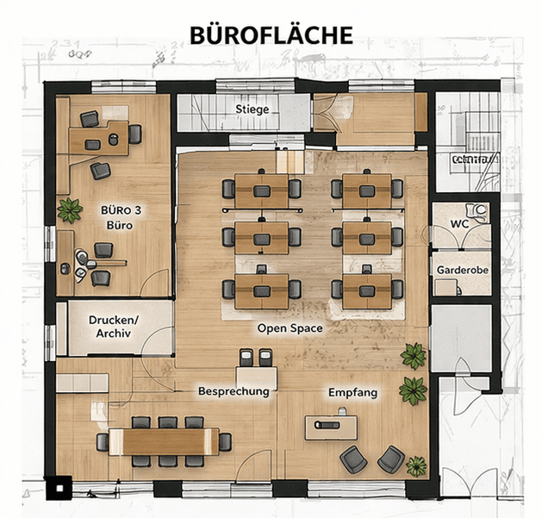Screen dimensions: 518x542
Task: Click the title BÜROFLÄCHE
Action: tap(271, 35)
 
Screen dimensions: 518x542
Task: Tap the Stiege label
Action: tap(252, 109)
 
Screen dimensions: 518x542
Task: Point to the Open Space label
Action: tap(290, 328)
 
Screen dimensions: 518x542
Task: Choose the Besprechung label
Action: tap(234, 390)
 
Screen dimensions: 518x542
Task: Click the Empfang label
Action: tap(352, 392)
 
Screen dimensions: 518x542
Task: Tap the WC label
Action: tap(459, 224)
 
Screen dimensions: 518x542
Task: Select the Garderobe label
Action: tap(462, 270)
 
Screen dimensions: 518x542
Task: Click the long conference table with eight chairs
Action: tap(164, 441)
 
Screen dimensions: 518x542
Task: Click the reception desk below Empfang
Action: tap(331, 426)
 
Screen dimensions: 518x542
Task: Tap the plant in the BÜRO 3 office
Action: tap(69, 209)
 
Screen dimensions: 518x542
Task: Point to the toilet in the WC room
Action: tap(477, 209)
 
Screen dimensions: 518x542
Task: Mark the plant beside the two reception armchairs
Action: tap(416, 466)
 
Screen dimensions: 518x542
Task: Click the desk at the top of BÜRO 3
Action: tap(98, 138)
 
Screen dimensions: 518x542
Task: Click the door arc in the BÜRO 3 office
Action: tap(155, 283)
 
